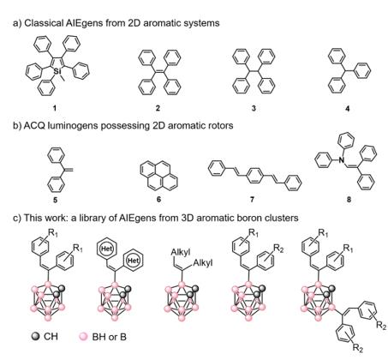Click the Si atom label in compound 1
[57, 70]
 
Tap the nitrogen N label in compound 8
[341, 160]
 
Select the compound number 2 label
[158, 108]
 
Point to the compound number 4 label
[347, 109]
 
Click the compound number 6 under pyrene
[158, 199]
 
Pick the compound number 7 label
[252, 199]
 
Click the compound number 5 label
[55, 200]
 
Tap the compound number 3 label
[254, 108]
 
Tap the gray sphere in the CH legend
[35, 336]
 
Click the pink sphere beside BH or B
[83, 336]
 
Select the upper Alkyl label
[181, 252]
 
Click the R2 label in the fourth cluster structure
[278, 249]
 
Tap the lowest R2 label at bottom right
[358, 348]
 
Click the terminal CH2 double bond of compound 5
[69, 171]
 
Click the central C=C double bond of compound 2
[159, 72]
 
